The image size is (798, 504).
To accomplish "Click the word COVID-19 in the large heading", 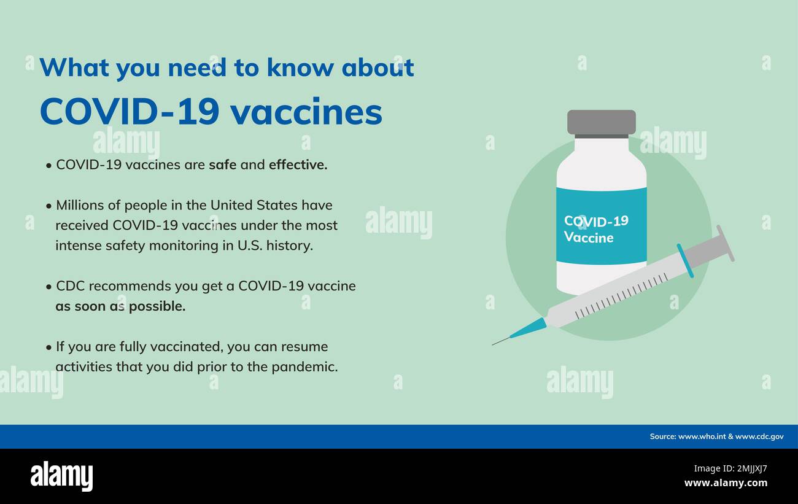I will (x=129, y=112).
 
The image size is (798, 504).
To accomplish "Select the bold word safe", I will (x=222, y=165).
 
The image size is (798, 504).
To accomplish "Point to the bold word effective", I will (x=298, y=165).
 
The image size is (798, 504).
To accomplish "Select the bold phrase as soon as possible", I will (x=120, y=306).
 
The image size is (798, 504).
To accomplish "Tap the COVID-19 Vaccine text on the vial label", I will (x=595, y=229).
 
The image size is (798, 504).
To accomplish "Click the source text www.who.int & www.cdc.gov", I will (x=716, y=436).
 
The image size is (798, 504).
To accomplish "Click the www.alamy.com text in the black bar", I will (x=726, y=483).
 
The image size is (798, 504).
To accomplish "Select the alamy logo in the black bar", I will (x=61, y=476).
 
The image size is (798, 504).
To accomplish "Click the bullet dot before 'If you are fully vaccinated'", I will (x=48, y=347).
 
